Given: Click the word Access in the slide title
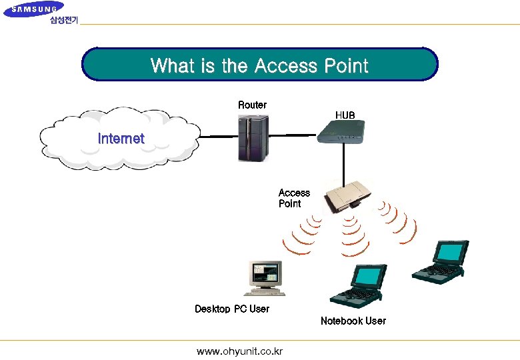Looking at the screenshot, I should (x=287, y=66).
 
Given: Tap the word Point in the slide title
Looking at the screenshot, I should (x=346, y=66).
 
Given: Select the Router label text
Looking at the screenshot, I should (x=252, y=105).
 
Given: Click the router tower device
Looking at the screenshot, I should (x=253, y=137).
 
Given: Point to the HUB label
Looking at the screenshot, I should (x=345, y=115).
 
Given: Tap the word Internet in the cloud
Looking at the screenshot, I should (x=121, y=139).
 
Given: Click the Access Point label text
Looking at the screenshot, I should (x=293, y=198).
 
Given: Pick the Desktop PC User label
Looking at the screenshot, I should (x=232, y=309).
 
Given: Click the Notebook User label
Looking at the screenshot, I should (x=353, y=321).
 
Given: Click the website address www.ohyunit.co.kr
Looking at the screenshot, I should (x=239, y=351).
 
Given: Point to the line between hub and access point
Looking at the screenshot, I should (x=343, y=163).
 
